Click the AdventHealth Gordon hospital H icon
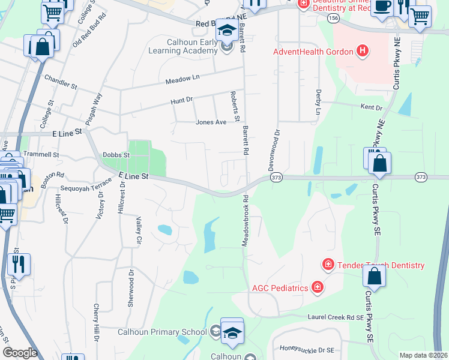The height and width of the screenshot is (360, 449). coord(362,51)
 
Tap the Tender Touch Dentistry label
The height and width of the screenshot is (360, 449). coord(381,265)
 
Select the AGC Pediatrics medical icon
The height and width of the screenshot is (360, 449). coord(317,287)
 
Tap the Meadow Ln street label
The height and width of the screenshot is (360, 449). coord(182,78)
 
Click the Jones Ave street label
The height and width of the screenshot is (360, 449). coord(211,122)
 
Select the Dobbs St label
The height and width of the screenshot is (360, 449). coord(116,154)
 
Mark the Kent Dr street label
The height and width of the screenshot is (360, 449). coord(371,107)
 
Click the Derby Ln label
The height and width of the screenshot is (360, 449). coord(318,102)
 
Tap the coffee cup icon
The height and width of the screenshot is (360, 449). coord(381,6)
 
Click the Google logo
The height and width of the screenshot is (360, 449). coord(20,353)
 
